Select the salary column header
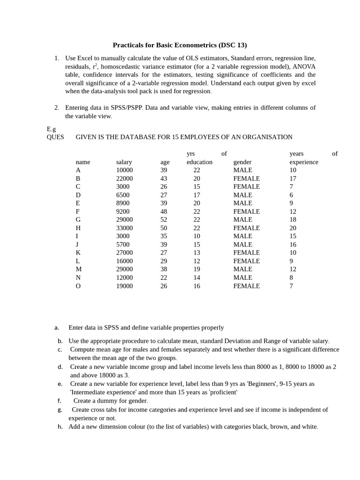point(124,162)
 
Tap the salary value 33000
point(125,228)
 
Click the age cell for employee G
point(164,220)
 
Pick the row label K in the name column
point(78,253)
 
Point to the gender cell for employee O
point(247,286)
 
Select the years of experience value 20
point(293,228)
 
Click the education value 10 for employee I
point(196,236)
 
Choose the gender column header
point(242,162)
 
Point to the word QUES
point(55,137)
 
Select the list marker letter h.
point(60,427)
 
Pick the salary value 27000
point(125,253)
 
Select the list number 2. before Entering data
point(57,108)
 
